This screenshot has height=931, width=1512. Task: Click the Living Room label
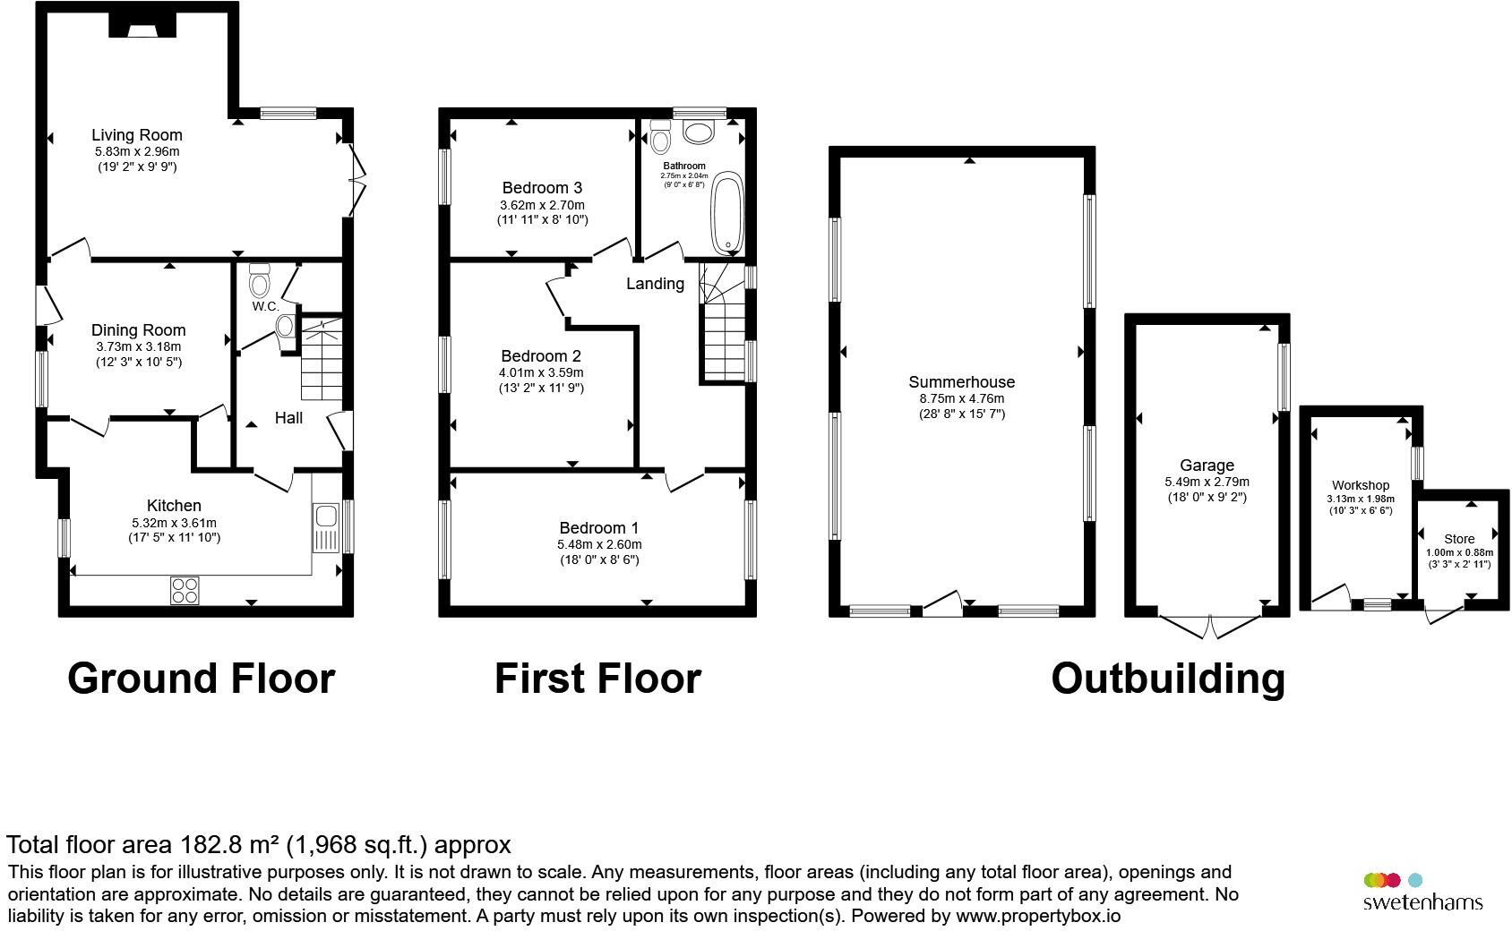click(x=137, y=135)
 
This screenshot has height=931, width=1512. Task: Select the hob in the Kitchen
click(x=185, y=590)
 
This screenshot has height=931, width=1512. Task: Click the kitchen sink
click(x=326, y=528)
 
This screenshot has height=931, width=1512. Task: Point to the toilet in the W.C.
click(x=259, y=281)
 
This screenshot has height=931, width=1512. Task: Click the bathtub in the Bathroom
click(x=727, y=213)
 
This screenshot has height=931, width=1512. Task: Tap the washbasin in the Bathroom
click(x=698, y=132)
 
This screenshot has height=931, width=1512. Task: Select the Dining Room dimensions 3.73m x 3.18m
click(x=138, y=346)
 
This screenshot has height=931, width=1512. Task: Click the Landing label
click(x=655, y=284)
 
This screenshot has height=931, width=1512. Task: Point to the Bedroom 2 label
click(x=541, y=356)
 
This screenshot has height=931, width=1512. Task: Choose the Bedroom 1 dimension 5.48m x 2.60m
click(x=599, y=544)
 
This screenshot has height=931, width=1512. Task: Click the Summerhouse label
click(x=962, y=382)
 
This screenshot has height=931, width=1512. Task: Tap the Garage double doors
click(x=1209, y=627)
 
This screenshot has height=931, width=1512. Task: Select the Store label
click(x=1458, y=539)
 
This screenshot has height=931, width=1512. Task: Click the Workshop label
click(x=1360, y=485)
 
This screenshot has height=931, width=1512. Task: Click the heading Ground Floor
click(x=202, y=678)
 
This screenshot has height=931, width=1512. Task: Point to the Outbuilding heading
click(x=1168, y=679)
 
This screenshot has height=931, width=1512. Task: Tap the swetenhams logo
click(x=1422, y=892)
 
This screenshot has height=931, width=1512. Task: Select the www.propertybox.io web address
click(x=1038, y=916)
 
